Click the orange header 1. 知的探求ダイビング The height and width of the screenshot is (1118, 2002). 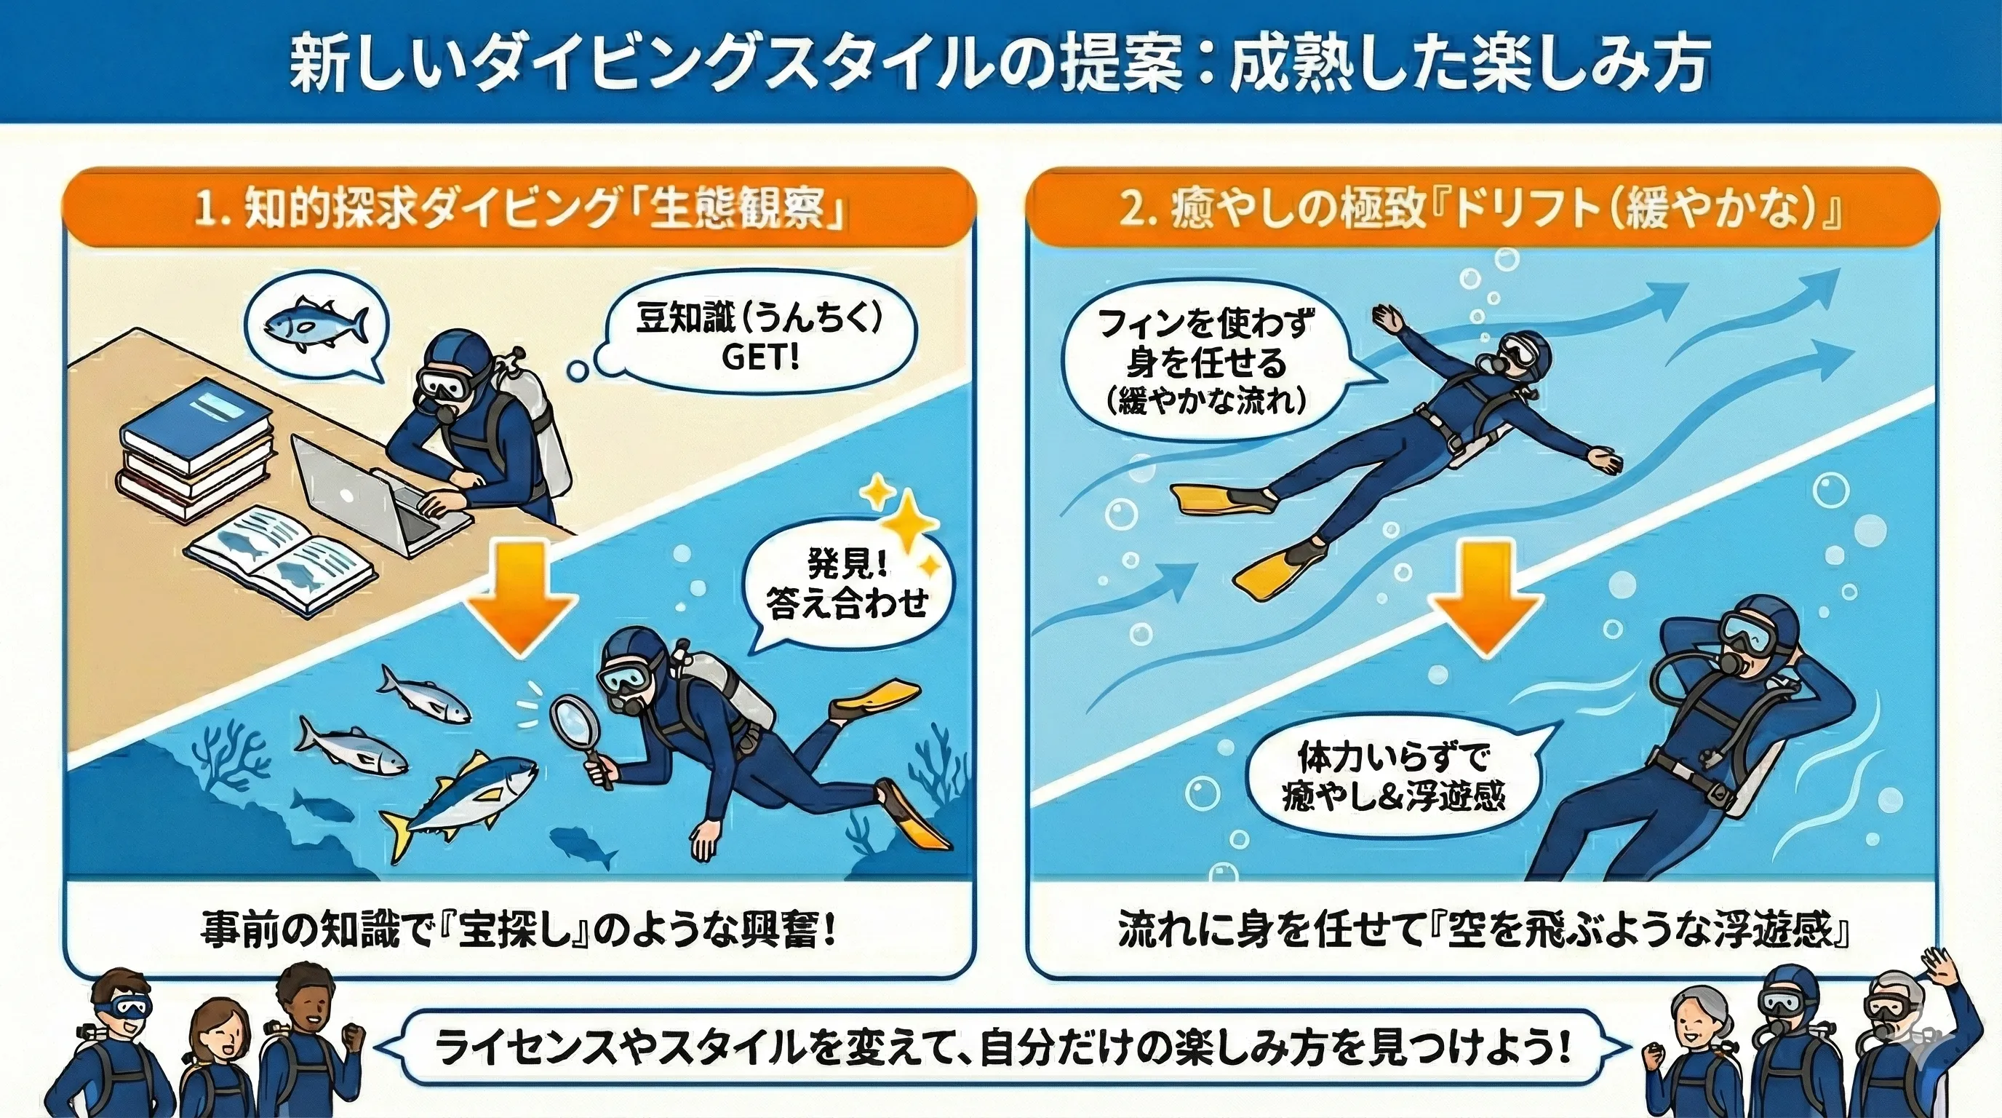[x=520, y=210]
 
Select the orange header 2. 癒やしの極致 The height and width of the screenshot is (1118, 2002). [x=1483, y=210]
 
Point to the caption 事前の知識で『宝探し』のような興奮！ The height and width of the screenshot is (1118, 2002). [x=519, y=932]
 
